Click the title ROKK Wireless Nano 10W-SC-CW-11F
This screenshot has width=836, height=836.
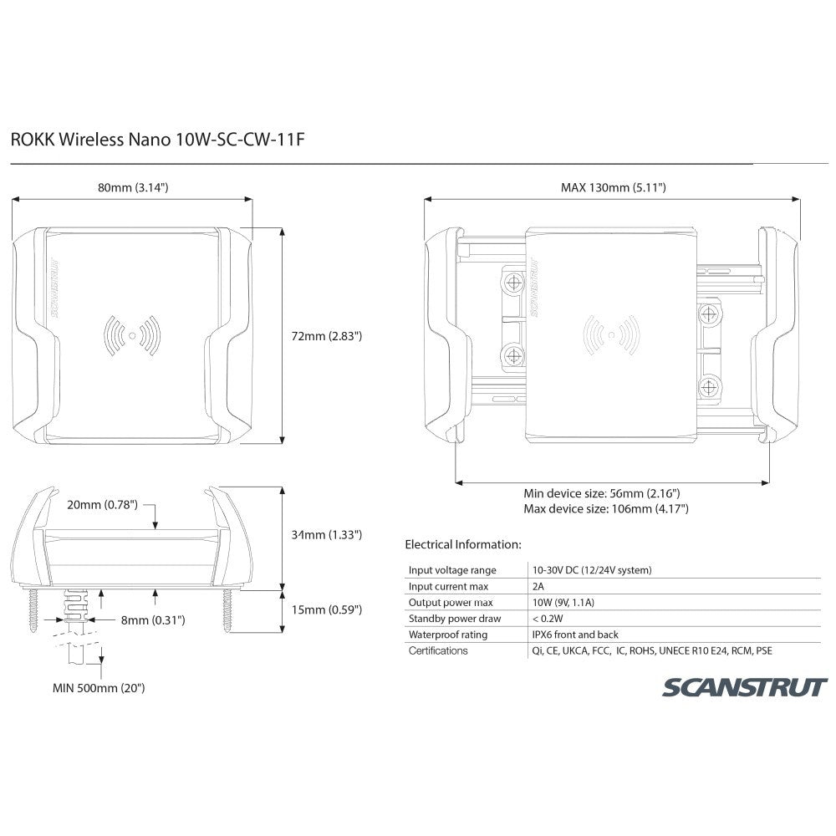(x=155, y=138)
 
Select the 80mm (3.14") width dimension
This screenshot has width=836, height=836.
(x=133, y=188)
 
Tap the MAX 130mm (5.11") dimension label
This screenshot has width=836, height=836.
(x=613, y=188)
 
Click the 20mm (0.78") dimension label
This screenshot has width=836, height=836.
(x=104, y=506)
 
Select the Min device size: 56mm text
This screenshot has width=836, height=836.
(x=601, y=493)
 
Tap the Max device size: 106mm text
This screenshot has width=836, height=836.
(x=605, y=508)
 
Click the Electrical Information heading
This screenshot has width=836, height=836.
(x=462, y=544)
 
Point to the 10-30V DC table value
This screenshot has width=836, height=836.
(x=591, y=570)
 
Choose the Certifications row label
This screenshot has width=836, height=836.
(x=438, y=650)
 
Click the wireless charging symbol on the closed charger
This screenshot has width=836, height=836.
(x=132, y=335)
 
